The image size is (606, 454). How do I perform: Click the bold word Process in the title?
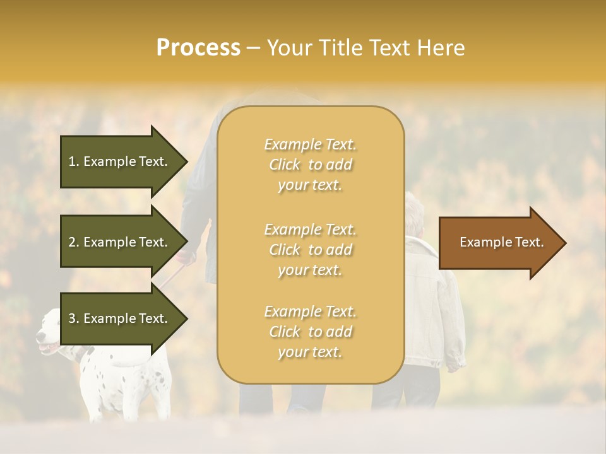pyautogui.click(x=198, y=48)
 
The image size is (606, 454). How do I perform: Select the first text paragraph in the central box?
pyautogui.click(x=310, y=165)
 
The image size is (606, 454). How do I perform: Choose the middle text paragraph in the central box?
pyautogui.click(x=310, y=250)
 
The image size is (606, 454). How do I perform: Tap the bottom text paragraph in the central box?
pyautogui.click(x=310, y=332)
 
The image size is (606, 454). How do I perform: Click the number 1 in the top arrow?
pyautogui.click(x=71, y=161)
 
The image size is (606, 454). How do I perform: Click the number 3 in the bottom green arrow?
pyautogui.click(x=72, y=318)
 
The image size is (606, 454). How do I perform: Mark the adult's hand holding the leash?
pyautogui.click(x=184, y=257)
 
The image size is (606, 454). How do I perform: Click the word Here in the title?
pyautogui.click(x=444, y=48)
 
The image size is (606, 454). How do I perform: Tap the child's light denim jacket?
pyautogui.click(x=429, y=296)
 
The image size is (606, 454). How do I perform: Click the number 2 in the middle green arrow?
pyautogui.click(x=72, y=242)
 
